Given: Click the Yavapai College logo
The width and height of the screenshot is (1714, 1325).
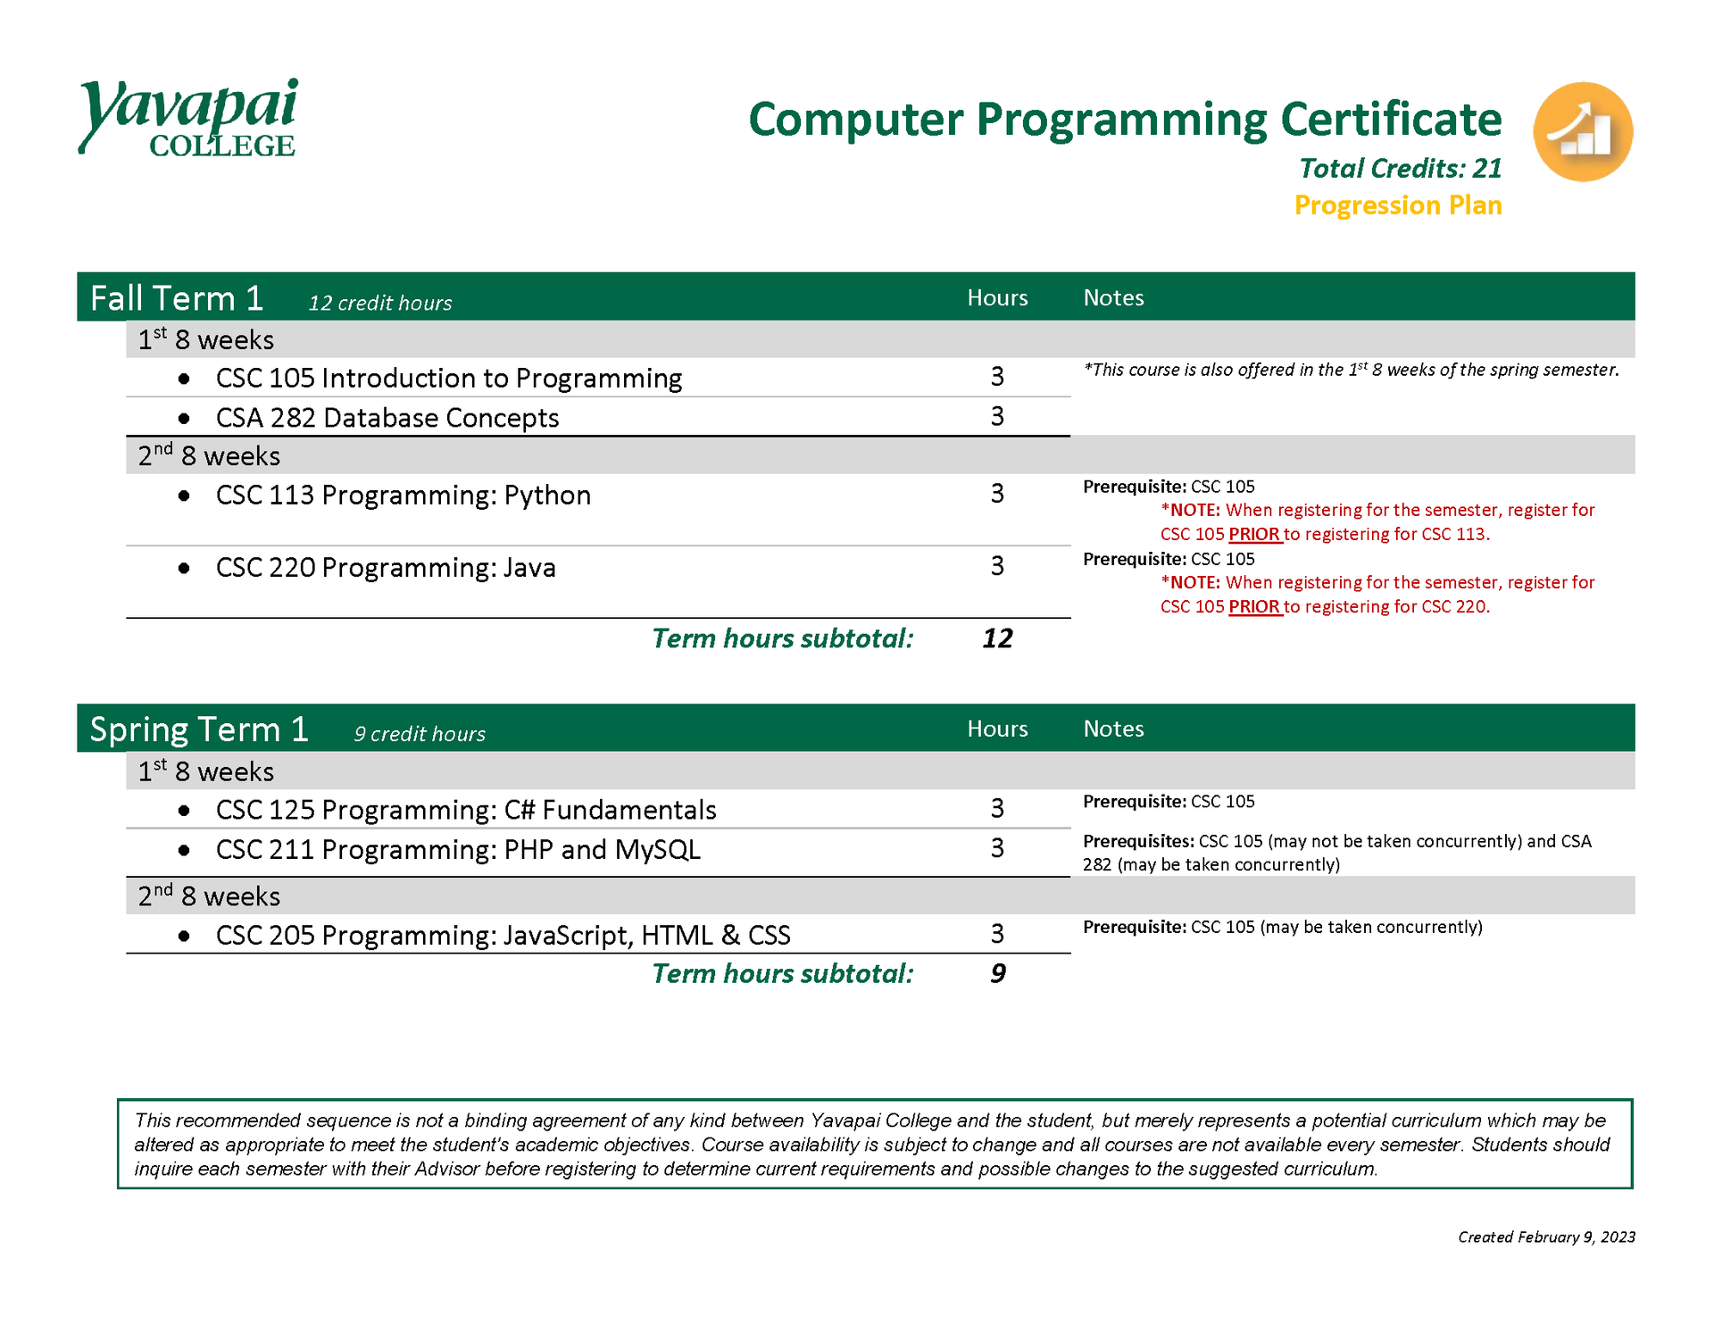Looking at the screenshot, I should pos(187,118).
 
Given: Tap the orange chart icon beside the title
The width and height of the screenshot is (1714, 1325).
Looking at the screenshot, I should pos(1583,132).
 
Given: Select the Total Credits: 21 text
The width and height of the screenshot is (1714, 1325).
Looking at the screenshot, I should pos(1400,168).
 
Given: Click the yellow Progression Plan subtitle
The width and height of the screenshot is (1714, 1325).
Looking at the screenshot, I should pos(1398,205).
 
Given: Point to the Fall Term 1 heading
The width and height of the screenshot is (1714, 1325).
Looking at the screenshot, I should pos(177,298).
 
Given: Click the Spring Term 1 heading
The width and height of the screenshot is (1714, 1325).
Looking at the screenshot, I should pos(199,729).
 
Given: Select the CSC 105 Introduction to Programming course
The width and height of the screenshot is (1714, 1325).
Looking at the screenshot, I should pos(448,379).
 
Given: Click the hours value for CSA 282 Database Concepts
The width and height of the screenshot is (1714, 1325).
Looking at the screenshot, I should pos(997,416).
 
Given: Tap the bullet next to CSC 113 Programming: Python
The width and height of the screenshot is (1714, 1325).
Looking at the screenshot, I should pos(184,496).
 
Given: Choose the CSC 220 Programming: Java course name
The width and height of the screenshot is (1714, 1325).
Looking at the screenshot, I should pos(386,568).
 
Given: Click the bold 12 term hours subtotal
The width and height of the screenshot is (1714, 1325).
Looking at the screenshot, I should pos(997,638).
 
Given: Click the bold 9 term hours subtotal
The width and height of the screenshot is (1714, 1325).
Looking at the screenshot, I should pos(997,973).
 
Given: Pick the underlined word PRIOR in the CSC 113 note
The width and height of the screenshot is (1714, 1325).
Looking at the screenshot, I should pos(1254,534).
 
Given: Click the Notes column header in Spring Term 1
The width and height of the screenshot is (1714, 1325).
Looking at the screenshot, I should pos(1113,729).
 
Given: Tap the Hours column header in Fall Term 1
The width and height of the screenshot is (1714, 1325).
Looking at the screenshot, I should pos(997,298).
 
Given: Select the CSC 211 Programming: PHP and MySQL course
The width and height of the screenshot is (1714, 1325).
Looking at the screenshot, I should pos(458,850).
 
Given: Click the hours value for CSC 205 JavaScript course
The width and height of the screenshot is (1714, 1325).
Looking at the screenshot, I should pos(997,934).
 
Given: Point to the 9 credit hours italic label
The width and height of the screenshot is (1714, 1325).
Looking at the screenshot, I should pos(420,734).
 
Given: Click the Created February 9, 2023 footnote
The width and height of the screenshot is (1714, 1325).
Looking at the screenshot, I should pos(1546,1237).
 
